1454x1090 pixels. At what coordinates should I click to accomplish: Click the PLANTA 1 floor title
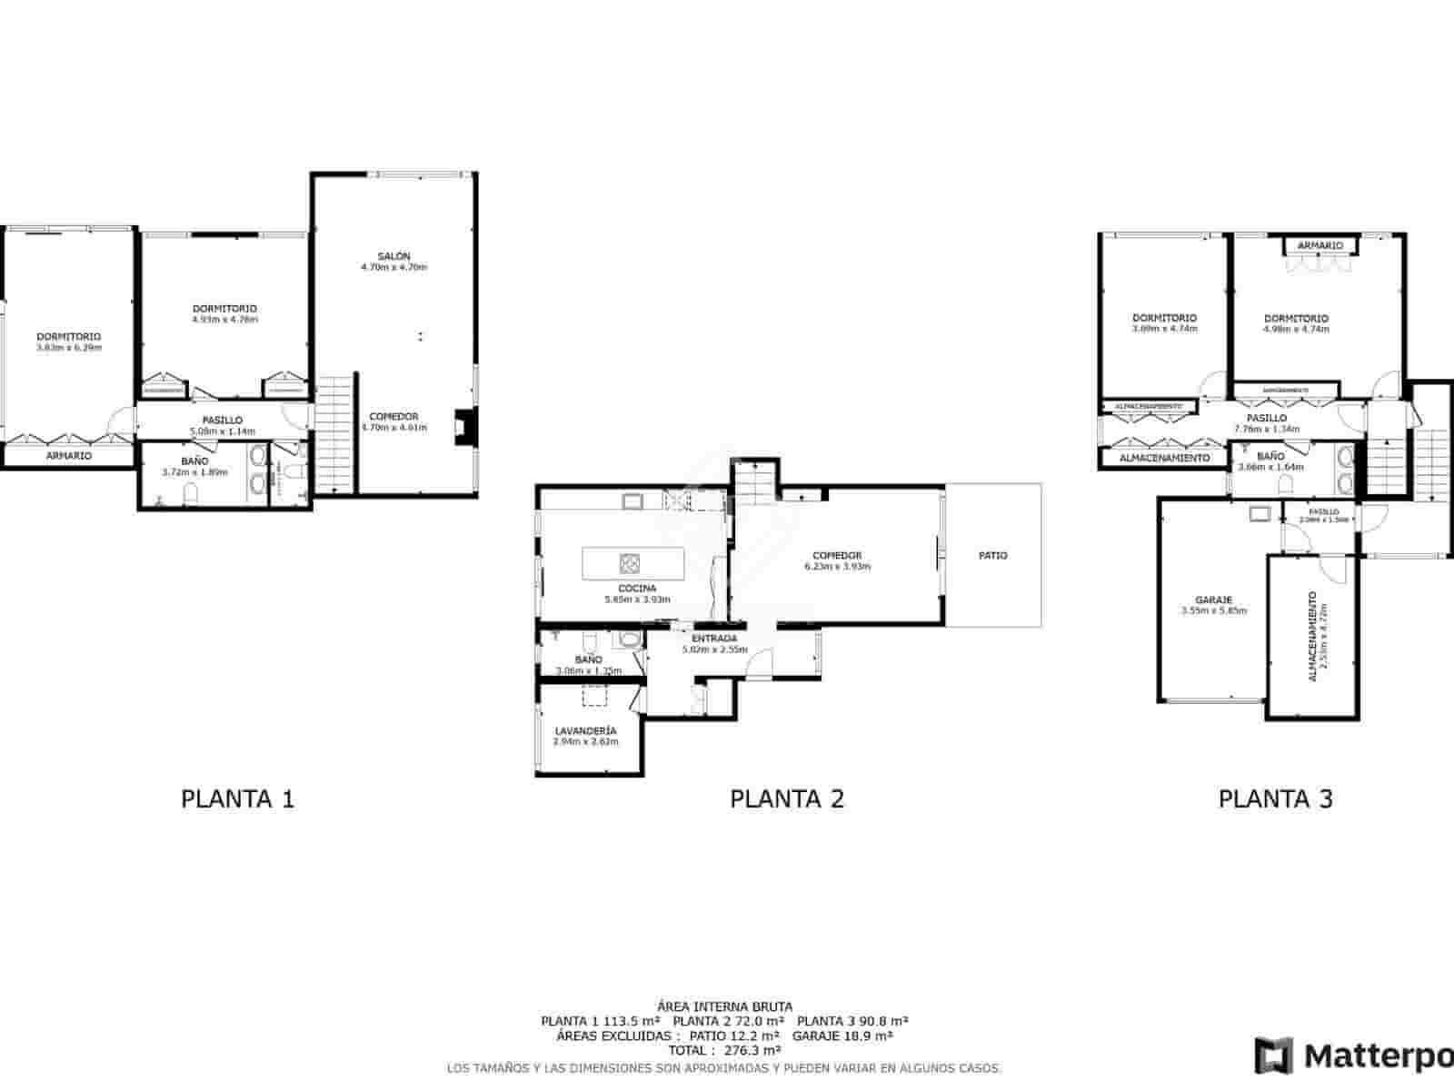coord(238,799)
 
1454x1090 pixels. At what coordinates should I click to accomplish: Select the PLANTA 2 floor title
coord(787,799)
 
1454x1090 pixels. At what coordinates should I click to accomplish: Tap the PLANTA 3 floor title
coord(1275,799)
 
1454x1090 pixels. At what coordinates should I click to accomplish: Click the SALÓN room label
coord(394,256)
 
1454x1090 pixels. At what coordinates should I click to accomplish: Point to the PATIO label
coord(992,555)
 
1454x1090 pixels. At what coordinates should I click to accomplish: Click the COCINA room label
coord(637,589)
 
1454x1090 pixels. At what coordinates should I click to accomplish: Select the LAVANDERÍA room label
coord(585,730)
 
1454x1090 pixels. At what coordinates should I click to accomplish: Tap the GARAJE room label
coord(1213,600)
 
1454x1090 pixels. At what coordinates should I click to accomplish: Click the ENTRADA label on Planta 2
coord(714,639)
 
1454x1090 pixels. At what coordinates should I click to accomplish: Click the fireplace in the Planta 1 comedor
coord(464,427)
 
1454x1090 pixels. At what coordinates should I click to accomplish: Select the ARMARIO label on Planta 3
coord(1320,246)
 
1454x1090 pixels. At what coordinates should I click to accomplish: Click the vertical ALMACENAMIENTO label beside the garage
coord(1312,629)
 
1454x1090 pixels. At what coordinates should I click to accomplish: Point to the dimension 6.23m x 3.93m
coord(837,567)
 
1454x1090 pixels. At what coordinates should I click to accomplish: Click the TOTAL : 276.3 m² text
coord(725,1049)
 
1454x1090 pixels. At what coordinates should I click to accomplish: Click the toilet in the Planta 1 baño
coord(191,492)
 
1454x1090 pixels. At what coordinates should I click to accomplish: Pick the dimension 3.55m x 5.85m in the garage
coord(1213,611)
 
